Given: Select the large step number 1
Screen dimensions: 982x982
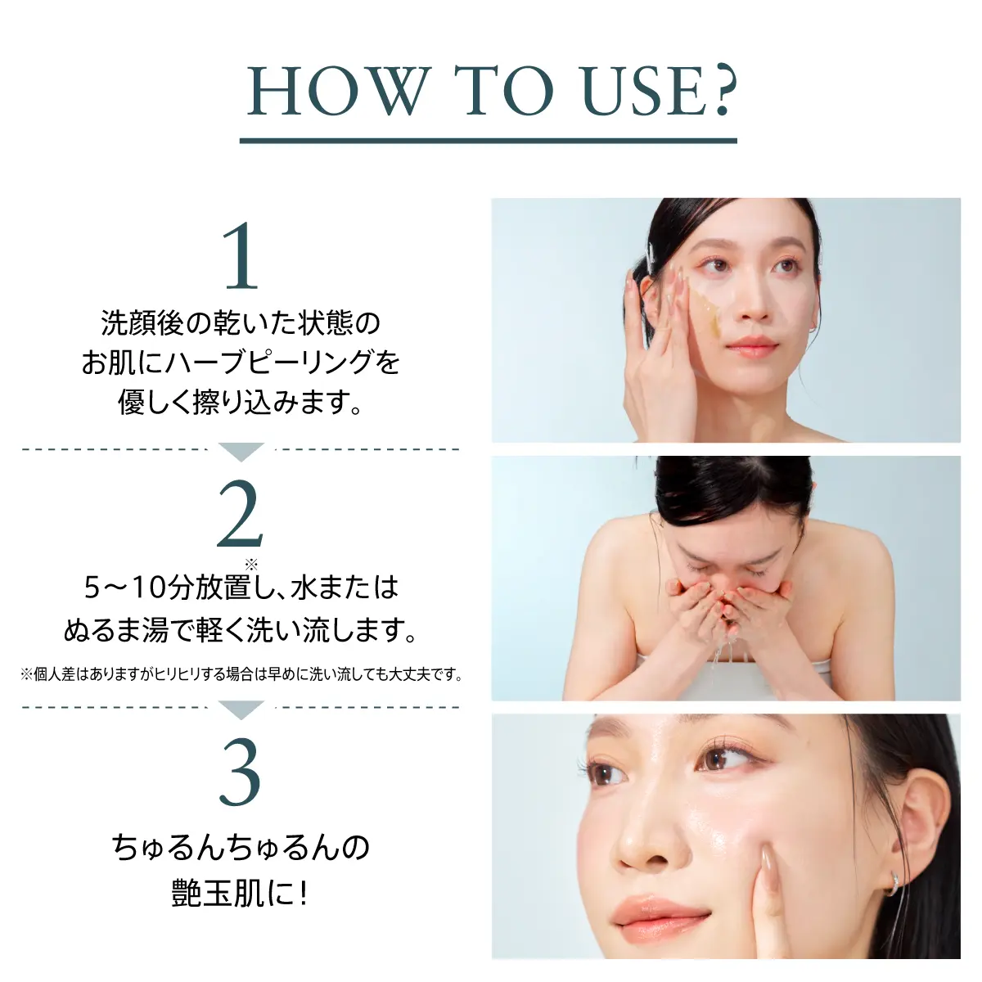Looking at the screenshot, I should (241, 256).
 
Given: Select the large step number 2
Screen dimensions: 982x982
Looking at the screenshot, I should (241, 515).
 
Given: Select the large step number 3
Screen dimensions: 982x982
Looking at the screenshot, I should (241, 773).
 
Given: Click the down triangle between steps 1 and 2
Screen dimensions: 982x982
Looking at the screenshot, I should (241, 451).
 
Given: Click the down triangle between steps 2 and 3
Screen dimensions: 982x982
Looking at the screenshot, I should (241, 709).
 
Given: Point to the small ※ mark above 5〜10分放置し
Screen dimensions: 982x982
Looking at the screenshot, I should (251, 563).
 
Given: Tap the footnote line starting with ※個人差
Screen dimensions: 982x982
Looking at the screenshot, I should (241, 675).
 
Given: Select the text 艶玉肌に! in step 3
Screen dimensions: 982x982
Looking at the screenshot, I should (241, 893).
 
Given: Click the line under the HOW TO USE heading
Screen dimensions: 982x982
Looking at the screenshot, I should (489, 141).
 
